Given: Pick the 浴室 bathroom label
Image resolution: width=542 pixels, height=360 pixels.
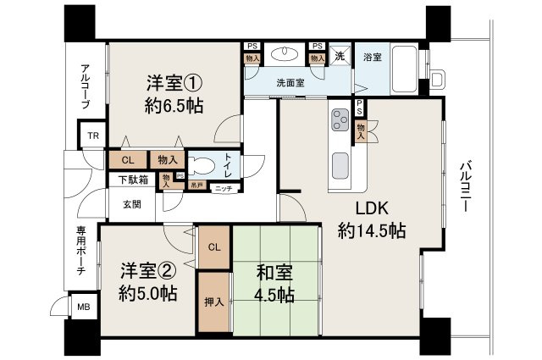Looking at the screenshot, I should pyautogui.click(x=373, y=57).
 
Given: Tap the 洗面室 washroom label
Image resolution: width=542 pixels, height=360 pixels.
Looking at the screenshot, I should pyautogui.click(x=290, y=83).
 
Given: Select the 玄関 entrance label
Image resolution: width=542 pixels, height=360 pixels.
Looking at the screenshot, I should pyautogui.click(x=131, y=203).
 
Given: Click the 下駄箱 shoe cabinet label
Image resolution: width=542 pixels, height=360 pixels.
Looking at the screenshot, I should pyautogui.click(x=132, y=180).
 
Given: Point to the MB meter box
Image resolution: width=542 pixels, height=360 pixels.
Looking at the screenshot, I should pyautogui.click(x=83, y=307).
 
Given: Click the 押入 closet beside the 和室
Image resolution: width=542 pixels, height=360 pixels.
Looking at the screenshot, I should pyautogui.click(x=213, y=302).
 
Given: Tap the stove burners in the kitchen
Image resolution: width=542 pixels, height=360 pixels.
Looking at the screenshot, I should pyautogui.click(x=341, y=119).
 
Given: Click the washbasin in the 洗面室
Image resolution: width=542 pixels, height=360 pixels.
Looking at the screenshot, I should pyautogui.click(x=285, y=54).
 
